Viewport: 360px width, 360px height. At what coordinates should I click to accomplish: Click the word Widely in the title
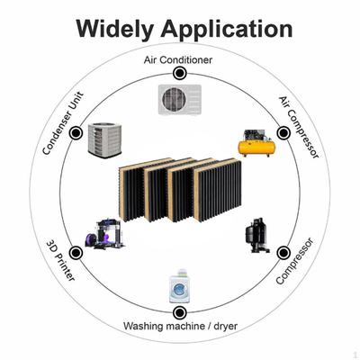[x=114, y=30]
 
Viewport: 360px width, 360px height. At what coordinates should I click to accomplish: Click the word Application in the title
[x=227, y=30]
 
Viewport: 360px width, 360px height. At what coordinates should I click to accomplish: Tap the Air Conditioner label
[x=178, y=60]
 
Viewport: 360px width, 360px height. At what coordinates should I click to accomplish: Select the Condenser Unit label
[x=63, y=123]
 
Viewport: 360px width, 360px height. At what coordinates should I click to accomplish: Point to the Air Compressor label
[x=299, y=127]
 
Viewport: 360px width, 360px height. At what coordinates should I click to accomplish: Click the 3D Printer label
[x=60, y=260]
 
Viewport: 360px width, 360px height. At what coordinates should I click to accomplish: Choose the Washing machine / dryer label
[x=180, y=326]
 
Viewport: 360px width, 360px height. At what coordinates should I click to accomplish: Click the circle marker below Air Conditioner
[x=180, y=73]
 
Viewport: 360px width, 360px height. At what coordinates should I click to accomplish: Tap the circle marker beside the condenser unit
[x=76, y=132]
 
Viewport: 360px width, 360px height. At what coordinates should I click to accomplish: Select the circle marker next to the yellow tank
[x=283, y=133]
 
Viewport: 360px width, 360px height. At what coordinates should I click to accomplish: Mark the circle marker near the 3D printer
[x=76, y=253]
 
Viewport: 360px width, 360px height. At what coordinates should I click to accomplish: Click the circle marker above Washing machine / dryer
[x=179, y=313]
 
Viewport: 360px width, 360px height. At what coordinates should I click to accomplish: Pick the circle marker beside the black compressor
[x=283, y=253]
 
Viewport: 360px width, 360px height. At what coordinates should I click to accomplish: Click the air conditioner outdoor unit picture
[x=180, y=100]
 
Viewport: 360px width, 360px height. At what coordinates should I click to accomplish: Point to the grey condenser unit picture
[x=104, y=139]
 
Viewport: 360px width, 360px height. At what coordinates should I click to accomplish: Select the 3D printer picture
[x=105, y=234]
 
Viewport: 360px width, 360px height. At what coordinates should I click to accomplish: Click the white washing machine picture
[x=179, y=286]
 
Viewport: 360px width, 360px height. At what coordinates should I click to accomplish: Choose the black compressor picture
[x=257, y=236]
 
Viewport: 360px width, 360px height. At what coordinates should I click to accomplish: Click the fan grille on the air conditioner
[x=173, y=99]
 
